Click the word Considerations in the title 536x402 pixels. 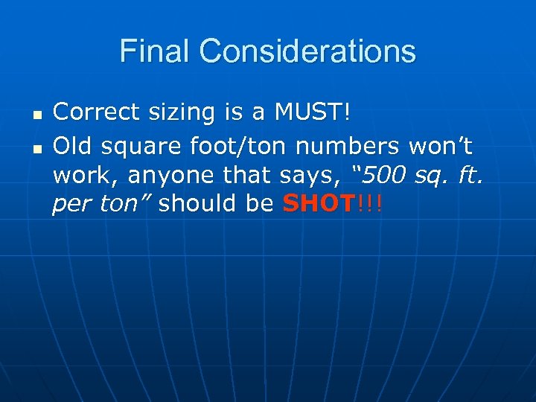(307, 51)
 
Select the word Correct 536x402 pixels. (94, 112)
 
